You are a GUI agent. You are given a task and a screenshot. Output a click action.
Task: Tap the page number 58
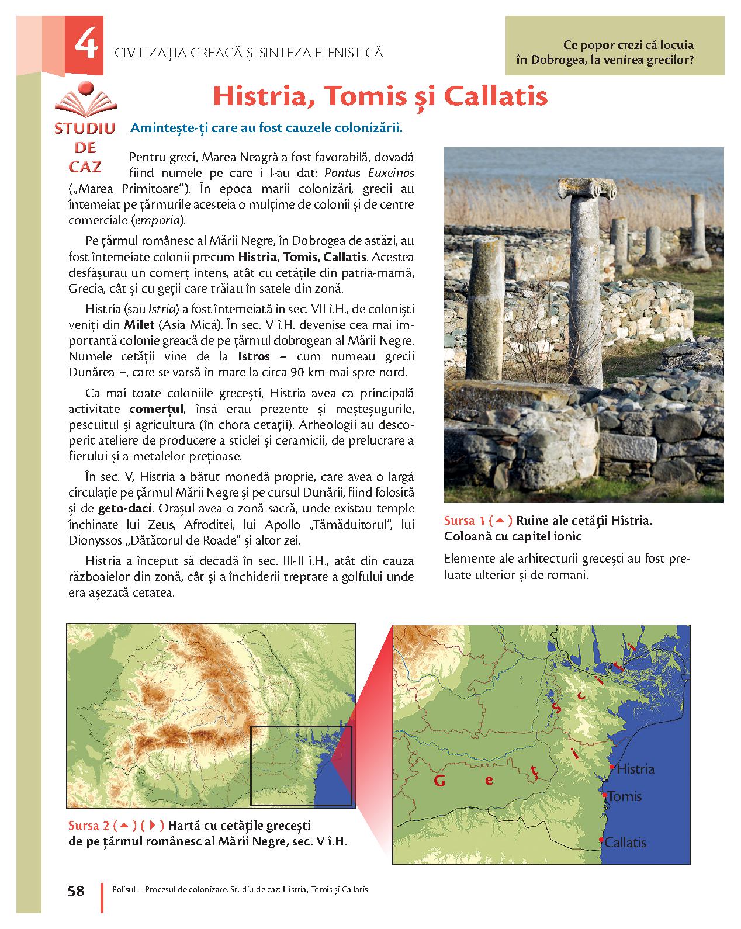76,890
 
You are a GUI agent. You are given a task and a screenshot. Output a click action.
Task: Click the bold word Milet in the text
139,324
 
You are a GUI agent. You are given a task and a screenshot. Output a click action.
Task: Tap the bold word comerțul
157,408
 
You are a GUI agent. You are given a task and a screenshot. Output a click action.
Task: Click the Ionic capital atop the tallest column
579,189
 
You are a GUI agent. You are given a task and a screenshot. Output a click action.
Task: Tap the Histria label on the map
635,769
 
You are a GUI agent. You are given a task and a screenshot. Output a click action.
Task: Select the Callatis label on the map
625,843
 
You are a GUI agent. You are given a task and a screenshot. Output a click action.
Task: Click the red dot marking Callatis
601,840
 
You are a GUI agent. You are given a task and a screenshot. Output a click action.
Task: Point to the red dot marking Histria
611,766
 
